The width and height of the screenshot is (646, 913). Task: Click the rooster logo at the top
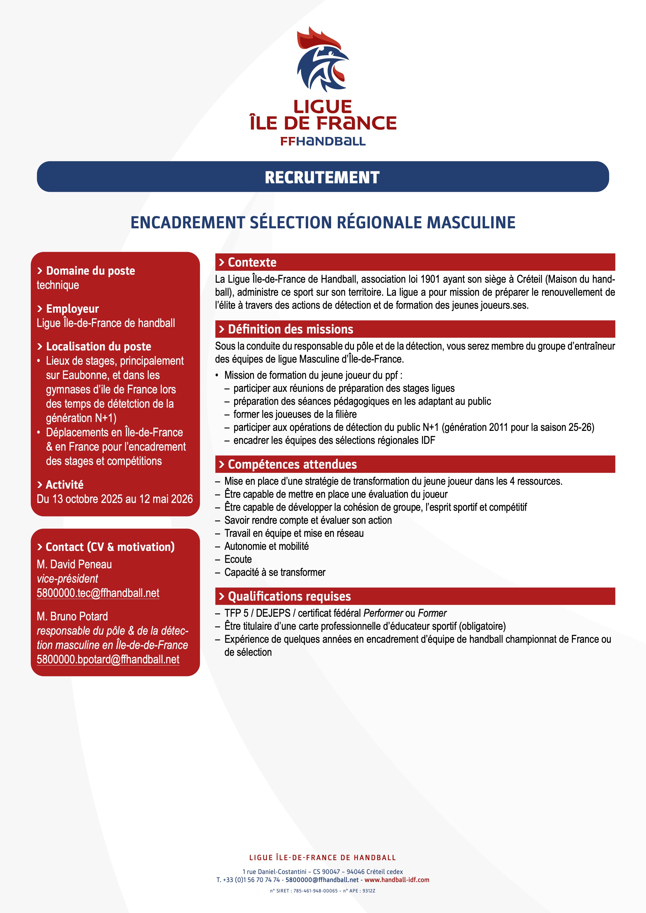coord(322,60)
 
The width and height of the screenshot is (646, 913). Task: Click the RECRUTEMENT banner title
coord(322,177)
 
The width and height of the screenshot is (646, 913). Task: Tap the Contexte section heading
coord(252,262)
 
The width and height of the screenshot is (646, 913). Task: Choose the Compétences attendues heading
coord(292,464)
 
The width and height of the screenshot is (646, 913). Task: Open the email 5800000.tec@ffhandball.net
coord(98,593)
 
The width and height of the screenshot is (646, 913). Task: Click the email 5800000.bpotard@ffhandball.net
coord(108,659)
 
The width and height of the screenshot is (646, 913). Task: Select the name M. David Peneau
coord(74,564)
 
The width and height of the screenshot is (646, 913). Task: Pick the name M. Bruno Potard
coord(72,616)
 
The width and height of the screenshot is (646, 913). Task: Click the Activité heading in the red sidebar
coord(64,485)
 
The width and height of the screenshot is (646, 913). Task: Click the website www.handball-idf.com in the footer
coord(397,880)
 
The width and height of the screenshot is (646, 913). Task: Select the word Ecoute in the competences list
coord(238,559)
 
